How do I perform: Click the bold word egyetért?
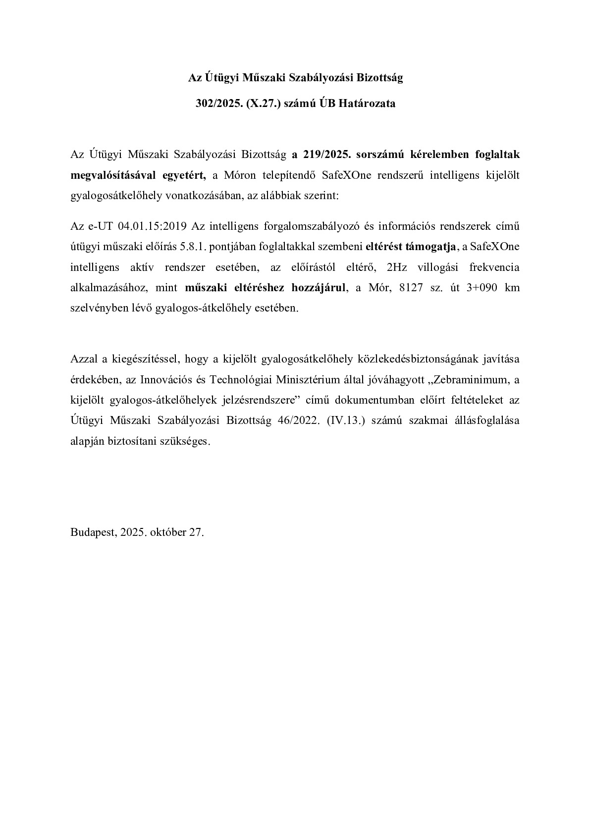pyautogui.click(x=182, y=175)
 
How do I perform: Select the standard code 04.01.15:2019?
pyautogui.click(x=151, y=227)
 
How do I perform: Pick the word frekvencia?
pyautogui.click(x=494, y=267)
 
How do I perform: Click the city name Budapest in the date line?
pyautogui.click(x=93, y=532)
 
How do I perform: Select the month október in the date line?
pyautogui.click(x=167, y=532)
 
